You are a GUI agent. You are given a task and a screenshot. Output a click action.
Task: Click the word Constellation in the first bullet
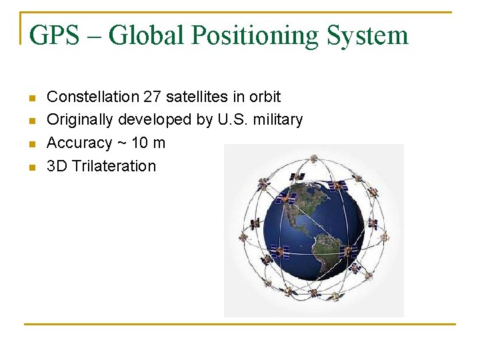[x=93, y=97]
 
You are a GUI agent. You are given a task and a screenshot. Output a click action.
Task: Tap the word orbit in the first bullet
[x=265, y=97]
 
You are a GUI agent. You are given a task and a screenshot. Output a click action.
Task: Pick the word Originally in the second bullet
[x=81, y=120]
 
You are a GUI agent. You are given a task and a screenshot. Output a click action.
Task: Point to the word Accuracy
[x=79, y=143]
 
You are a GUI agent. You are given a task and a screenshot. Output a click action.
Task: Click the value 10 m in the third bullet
[x=148, y=143]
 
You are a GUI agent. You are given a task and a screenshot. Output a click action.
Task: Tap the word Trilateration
[x=113, y=166]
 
